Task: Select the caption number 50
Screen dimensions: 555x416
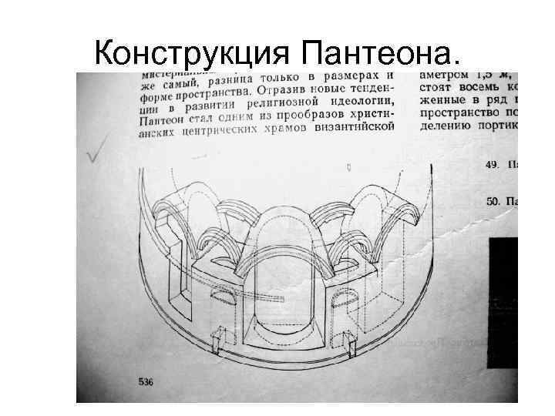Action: click(494, 201)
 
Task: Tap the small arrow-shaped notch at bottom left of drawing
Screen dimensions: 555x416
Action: click(218, 340)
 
